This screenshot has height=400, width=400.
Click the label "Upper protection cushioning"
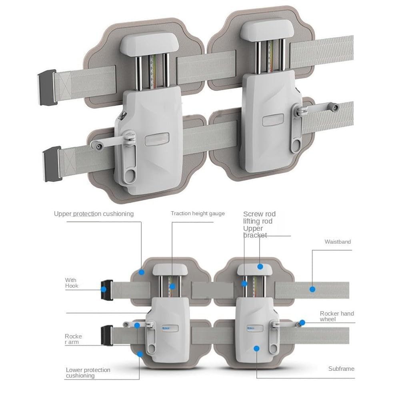click(94, 214)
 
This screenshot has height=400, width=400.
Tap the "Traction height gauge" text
click(198, 214)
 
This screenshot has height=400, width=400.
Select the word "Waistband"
click(338, 242)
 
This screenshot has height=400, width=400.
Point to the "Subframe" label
click(341, 369)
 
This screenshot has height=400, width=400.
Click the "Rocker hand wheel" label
click(337, 316)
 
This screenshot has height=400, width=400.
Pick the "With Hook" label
click(72, 283)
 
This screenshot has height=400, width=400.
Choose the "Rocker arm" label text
click(73, 339)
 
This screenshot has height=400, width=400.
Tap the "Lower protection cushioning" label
click(88, 373)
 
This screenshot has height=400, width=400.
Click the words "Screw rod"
click(259, 214)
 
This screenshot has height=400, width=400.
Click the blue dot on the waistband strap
click(312, 289)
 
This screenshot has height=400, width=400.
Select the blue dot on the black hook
click(104, 289)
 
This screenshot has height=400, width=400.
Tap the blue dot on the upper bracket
click(260, 266)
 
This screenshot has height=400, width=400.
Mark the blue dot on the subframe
click(256, 348)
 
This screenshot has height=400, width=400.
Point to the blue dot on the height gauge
click(172, 286)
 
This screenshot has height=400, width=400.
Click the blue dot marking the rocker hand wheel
click(302, 322)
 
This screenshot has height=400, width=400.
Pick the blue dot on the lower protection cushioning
click(140, 354)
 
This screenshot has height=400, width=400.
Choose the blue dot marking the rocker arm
click(137, 326)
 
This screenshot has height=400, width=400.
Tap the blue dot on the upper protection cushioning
click(142, 272)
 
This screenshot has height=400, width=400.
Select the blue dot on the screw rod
click(244, 284)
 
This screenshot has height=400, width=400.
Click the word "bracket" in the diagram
click(255, 236)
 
